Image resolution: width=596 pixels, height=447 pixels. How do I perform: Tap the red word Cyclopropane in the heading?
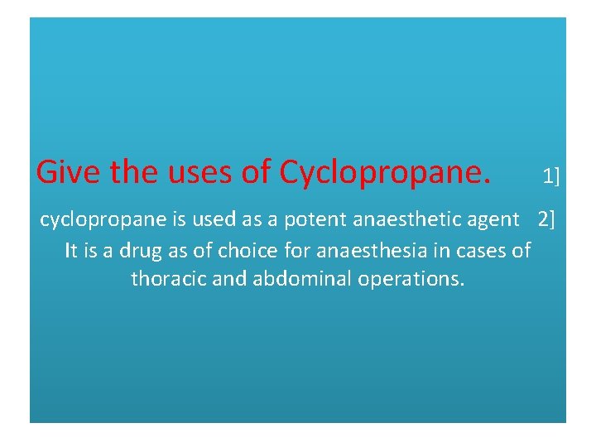point(385,171)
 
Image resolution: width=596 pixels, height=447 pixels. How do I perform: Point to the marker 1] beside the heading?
point(550,175)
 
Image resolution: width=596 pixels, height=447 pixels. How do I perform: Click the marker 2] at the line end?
point(547,220)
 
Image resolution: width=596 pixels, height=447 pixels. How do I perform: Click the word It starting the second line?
point(71,250)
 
